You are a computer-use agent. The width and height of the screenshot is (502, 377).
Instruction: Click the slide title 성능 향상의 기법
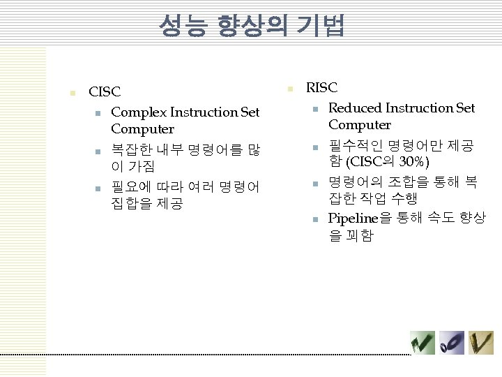click(x=251, y=27)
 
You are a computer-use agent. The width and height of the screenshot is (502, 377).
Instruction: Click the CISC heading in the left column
click(x=105, y=92)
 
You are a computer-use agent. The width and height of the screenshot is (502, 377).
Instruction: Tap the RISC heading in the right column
click(x=322, y=88)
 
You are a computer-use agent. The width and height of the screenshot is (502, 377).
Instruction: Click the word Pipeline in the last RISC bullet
click(x=353, y=218)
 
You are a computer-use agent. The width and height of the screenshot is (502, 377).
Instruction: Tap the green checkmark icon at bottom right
click(x=423, y=342)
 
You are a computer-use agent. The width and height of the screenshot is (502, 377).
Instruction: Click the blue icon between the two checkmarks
click(x=452, y=342)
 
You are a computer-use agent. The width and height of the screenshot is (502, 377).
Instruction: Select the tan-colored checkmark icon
click(x=480, y=342)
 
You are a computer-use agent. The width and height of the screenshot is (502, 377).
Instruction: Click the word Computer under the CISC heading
click(x=142, y=129)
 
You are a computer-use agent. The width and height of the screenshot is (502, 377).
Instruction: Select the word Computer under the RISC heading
click(x=360, y=125)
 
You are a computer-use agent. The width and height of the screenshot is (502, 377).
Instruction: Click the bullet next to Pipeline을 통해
click(x=315, y=219)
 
